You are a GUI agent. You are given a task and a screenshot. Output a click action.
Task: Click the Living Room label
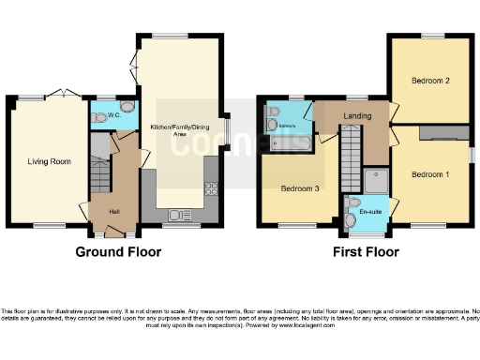point(48,161)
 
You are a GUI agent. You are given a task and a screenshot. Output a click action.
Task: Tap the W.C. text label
point(112,118)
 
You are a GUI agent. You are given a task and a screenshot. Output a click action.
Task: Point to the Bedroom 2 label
point(430,82)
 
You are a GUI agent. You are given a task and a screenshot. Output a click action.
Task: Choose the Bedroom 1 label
point(430,174)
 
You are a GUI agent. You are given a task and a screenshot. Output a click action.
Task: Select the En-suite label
point(370,213)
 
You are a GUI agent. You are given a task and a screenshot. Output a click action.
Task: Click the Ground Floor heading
point(119,252)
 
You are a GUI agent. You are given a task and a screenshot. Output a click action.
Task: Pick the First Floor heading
point(366,252)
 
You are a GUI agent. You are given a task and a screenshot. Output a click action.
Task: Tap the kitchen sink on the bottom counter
point(176,215)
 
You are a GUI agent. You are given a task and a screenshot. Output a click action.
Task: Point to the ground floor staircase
point(99,174)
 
